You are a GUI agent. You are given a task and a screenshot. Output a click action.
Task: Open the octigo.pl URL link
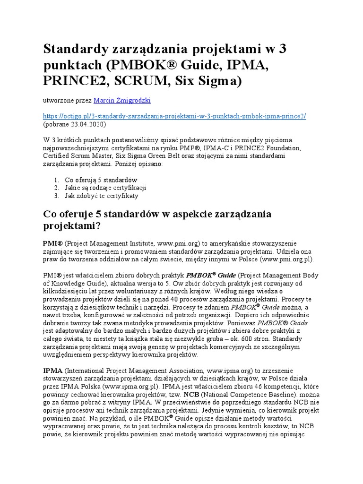point(174,116)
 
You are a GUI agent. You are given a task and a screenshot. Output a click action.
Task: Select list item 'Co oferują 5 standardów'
point(101,180)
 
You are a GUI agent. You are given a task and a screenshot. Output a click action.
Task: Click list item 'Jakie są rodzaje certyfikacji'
point(106,187)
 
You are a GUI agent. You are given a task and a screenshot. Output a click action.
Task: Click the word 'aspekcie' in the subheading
point(180,214)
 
